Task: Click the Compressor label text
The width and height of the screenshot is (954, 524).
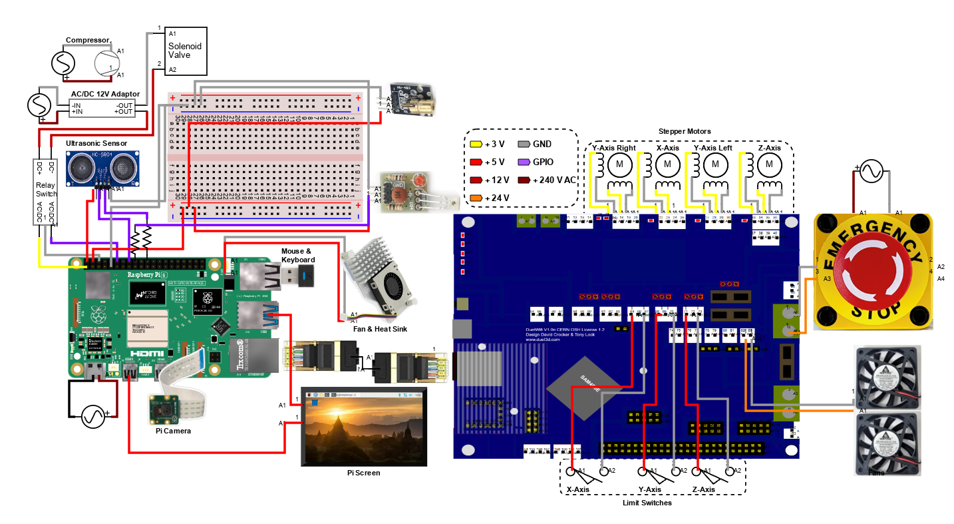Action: coord(87,41)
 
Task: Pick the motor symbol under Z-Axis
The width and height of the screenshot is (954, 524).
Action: coord(770,163)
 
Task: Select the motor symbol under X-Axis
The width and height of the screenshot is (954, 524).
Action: coord(666,163)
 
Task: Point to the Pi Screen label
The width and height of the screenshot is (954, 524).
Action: coord(363,473)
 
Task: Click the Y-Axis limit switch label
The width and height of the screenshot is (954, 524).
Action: coord(649,489)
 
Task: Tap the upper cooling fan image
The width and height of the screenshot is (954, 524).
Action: coord(887,376)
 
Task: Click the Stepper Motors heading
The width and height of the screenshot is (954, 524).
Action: coord(684,131)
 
